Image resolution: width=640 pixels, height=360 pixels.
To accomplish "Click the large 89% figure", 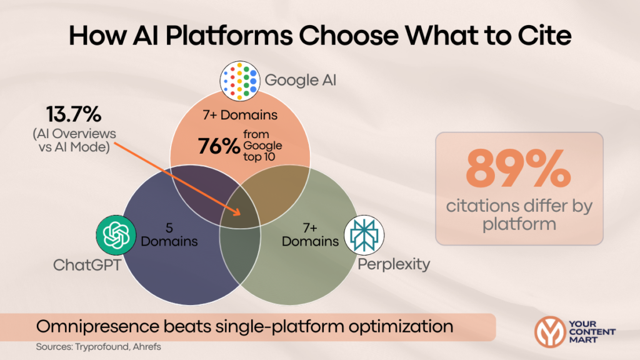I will tap(519, 170).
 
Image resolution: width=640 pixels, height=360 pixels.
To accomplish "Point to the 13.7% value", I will tap(72, 115).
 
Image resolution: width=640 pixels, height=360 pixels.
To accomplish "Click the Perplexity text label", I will tap(394, 264).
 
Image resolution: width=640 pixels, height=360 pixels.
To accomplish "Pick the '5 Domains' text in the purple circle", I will tap(169, 235).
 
